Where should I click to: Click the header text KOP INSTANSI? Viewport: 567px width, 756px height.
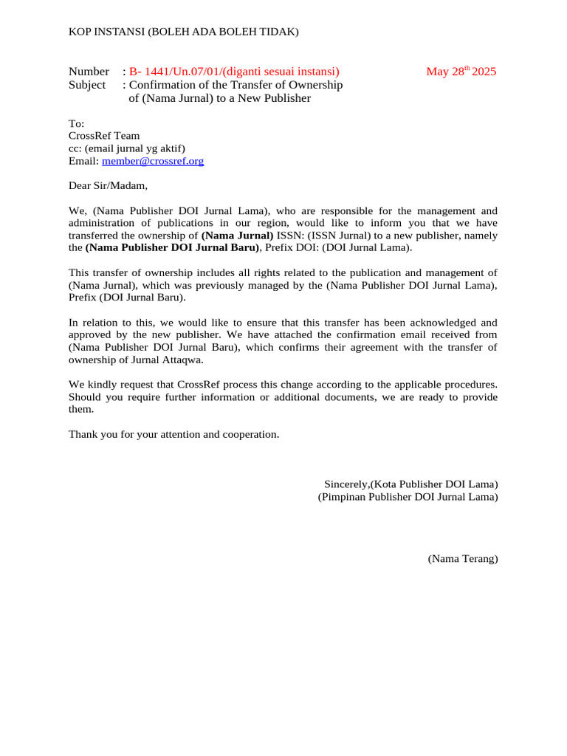[x=107, y=31]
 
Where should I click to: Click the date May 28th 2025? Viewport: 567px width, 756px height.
[x=461, y=72]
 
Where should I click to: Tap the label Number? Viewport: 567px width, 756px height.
[x=89, y=72]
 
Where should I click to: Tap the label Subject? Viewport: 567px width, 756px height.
[x=87, y=85]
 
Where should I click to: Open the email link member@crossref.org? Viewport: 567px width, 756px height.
[x=153, y=160]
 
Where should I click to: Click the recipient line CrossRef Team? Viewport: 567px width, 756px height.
[x=104, y=136]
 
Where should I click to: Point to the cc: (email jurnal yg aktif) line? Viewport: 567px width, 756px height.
[x=127, y=148]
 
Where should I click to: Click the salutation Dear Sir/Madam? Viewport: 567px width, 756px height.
[x=109, y=185]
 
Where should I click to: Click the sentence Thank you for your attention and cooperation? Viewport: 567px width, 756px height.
[x=174, y=434]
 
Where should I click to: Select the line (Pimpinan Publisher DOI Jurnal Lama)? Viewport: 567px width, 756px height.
[x=408, y=497]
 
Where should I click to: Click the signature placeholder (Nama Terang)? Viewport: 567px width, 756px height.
[x=463, y=559]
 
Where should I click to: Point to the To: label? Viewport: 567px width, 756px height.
[x=77, y=123]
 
